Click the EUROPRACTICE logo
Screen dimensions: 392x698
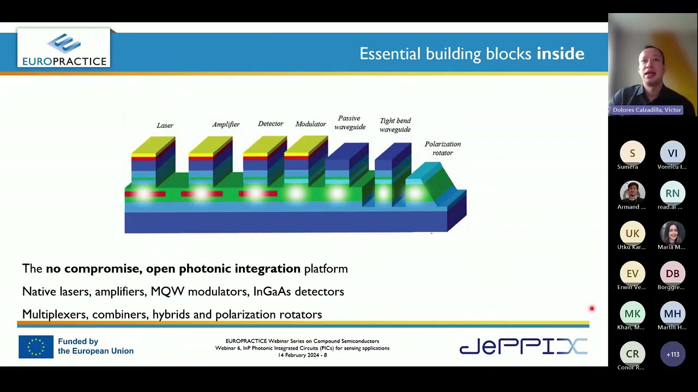pos(64,49)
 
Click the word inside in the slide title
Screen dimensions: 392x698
pos(560,53)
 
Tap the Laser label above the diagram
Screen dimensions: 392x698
pos(165,125)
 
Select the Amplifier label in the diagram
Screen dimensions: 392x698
pos(226,125)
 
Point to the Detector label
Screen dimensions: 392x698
pos(270,124)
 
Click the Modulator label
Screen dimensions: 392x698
pos(310,124)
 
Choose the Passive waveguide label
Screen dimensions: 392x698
pos(350,122)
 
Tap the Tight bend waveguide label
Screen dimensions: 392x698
pos(395,125)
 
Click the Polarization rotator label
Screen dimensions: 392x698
pos(442,148)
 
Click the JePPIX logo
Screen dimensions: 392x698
pos(523,346)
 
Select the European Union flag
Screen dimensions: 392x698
pos(36,347)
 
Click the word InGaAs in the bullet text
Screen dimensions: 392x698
pos(272,291)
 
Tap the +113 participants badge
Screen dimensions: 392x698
pos(672,354)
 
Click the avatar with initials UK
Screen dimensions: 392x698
pos(632,234)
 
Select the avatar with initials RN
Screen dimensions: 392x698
pos(672,193)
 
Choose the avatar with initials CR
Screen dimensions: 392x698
pos(632,354)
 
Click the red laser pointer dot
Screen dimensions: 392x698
pos(592,309)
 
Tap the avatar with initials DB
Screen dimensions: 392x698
pos(672,274)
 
